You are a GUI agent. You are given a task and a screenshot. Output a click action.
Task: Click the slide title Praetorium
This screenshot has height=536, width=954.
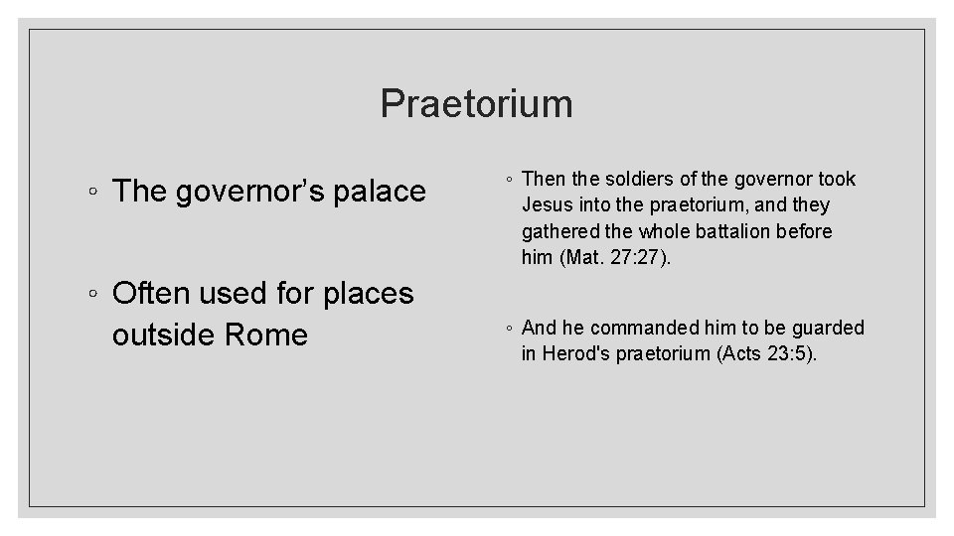[476, 103]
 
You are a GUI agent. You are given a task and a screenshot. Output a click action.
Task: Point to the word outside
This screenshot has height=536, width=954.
[163, 335]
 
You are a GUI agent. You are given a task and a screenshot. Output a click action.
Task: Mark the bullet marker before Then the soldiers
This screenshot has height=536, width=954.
[508, 181]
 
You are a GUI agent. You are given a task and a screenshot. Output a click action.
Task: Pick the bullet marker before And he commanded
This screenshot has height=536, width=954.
[508, 329]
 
